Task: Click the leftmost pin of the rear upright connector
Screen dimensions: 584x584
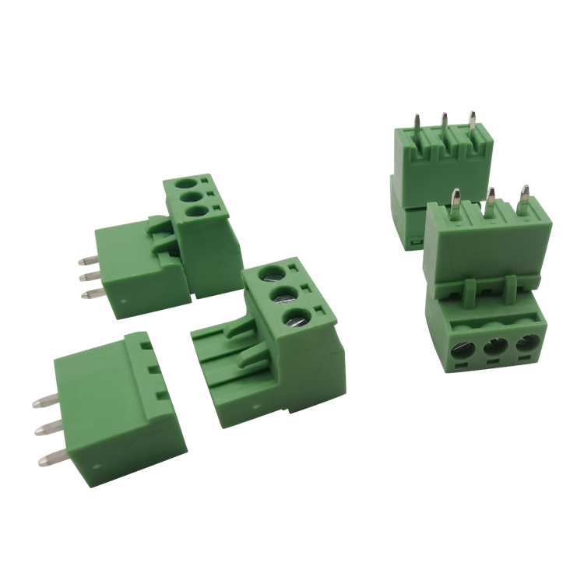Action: (x=418, y=128)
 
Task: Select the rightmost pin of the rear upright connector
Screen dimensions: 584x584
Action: (x=472, y=124)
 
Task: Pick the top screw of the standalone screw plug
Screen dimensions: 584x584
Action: (x=272, y=274)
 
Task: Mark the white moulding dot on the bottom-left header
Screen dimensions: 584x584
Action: (x=95, y=467)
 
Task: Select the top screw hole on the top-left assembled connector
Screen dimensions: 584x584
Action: (x=187, y=185)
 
